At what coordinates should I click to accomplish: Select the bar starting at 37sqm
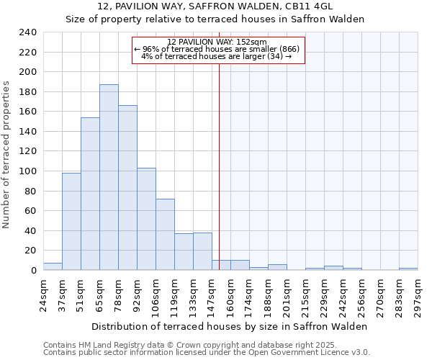[71, 221]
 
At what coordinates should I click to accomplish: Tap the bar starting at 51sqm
[90, 194]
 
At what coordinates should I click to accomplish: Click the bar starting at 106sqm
[165, 234]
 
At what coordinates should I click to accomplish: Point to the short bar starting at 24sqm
[53, 266]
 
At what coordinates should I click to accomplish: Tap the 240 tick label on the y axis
[27, 32]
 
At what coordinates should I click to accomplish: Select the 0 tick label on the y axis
[33, 271]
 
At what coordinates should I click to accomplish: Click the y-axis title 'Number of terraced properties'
[6, 155]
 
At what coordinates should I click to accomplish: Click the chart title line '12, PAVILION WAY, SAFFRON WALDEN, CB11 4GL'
[215, 6]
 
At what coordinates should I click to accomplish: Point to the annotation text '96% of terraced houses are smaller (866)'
[219, 49]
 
